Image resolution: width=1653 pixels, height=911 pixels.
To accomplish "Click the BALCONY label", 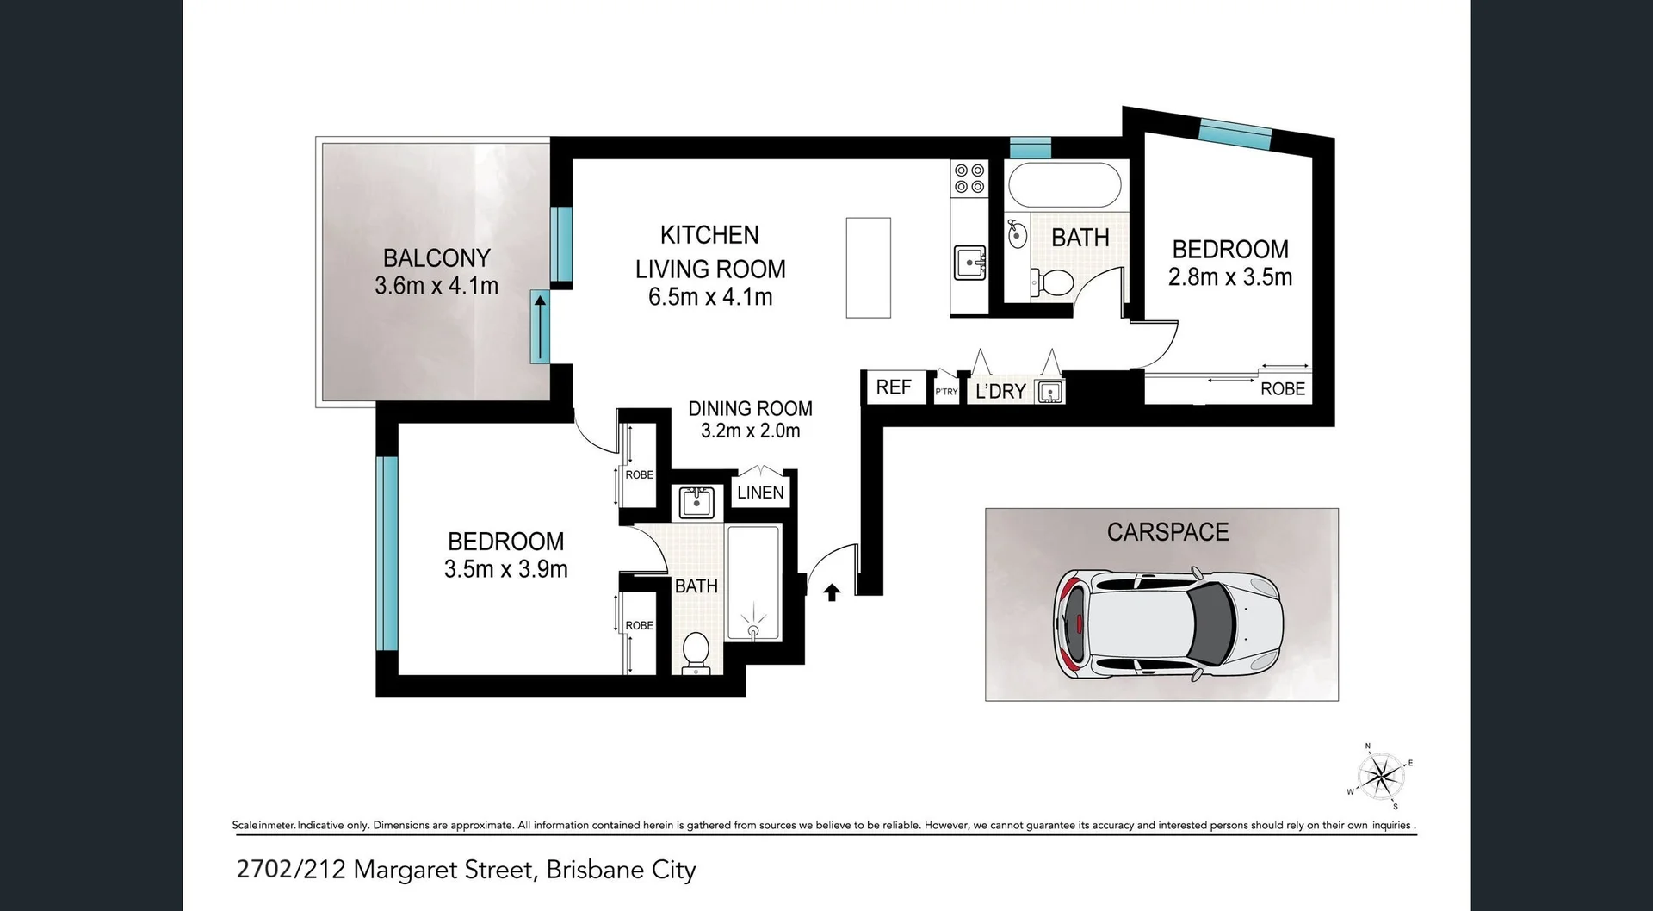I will [436, 257].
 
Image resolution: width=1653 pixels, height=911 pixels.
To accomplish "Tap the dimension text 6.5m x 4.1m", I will [710, 297].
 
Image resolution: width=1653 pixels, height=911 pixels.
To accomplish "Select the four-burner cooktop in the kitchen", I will [969, 178].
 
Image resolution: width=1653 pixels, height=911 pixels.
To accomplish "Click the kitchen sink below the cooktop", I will [970, 261].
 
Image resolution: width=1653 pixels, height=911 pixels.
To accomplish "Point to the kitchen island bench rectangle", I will [868, 268].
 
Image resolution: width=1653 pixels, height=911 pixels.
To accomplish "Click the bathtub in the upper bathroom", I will [1064, 185].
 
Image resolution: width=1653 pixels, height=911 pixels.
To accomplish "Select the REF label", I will [894, 387].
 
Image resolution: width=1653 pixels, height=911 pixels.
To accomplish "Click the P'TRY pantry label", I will [946, 392].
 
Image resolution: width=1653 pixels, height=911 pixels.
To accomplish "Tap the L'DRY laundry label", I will [1000, 392].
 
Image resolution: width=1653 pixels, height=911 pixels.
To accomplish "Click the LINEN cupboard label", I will [760, 493].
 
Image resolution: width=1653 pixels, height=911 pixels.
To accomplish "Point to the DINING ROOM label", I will [750, 408].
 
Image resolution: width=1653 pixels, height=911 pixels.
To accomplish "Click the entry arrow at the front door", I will [832, 592].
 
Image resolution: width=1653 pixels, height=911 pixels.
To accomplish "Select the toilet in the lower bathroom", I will [695, 652].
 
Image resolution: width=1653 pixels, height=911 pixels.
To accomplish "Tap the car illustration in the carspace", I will [1168, 623].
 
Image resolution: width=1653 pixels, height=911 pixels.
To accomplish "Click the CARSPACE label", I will [1167, 532].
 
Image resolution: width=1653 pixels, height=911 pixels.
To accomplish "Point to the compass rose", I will [1380, 776].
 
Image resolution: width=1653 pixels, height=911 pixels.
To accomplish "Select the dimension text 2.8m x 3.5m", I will [1229, 277].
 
